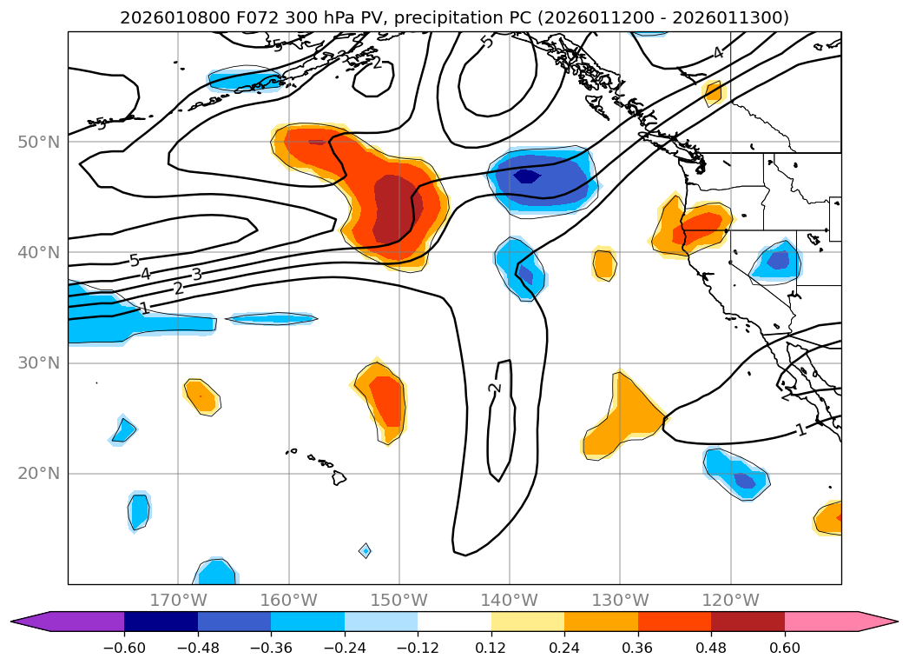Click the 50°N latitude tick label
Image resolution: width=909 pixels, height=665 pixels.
pos(38,142)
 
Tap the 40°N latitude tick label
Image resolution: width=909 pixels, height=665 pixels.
pos(38,252)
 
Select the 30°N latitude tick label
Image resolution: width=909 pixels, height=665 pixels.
pos(38,362)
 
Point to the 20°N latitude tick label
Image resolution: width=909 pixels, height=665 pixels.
pos(38,474)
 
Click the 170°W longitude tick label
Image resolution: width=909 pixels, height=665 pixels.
pos(178,600)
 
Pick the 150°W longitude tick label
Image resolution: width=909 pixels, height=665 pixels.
pos(399,600)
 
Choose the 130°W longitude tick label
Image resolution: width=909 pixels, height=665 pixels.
pos(620,600)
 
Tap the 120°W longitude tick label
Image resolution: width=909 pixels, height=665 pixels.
pos(731,600)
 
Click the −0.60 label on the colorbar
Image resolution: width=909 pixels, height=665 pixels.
pos(124,649)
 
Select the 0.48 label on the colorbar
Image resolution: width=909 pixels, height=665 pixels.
pos(711,649)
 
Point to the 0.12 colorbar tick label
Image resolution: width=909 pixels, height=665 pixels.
pos(491,649)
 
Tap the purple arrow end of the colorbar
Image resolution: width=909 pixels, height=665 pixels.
pos(30,622)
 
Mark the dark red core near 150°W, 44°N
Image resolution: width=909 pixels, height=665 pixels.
pos(399,209)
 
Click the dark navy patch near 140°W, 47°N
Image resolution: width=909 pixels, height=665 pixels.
pos(527,176)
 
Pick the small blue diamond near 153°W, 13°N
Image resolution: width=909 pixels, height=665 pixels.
pos(366,550)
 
